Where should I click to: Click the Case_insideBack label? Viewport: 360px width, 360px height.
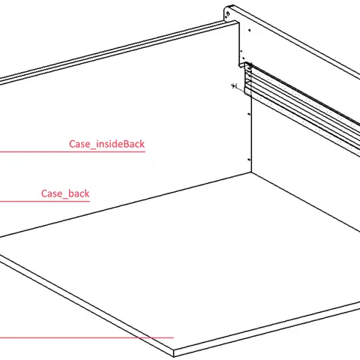click(x=106, y=144)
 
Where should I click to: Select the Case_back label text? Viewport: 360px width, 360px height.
click(x=65, y=193)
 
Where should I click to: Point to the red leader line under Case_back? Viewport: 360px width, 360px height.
click(x=45, y=201)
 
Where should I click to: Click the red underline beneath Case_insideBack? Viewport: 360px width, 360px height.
click(x=73, y=151)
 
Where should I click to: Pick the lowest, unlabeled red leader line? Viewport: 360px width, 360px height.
click(x=87, y=337)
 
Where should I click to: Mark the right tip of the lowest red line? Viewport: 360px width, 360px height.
click(x=173, y=337)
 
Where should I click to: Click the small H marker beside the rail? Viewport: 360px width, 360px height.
click(x=235, y=86)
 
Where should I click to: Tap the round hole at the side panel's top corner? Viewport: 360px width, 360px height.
click(x=227, y=13)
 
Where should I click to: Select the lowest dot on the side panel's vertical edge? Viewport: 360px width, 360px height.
click(x=249, y=159)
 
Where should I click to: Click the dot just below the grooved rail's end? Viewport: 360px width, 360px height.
click(x=249, y=114)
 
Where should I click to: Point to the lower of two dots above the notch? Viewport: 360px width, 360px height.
click(x=243, y=58)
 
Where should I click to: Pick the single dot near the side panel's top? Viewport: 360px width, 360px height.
click(x=250, y=30)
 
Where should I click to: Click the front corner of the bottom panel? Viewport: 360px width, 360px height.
click(x=174, y=351)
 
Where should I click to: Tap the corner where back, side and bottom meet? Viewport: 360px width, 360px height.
click(x=251, y=172)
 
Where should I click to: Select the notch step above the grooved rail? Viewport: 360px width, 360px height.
click(x=242, y=64)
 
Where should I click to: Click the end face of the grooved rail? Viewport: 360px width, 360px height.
click(x=247, y=79)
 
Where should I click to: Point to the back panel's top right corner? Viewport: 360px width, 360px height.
click(x=238, y=21)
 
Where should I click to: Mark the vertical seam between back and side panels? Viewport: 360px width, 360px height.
click(x=251, y=133)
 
